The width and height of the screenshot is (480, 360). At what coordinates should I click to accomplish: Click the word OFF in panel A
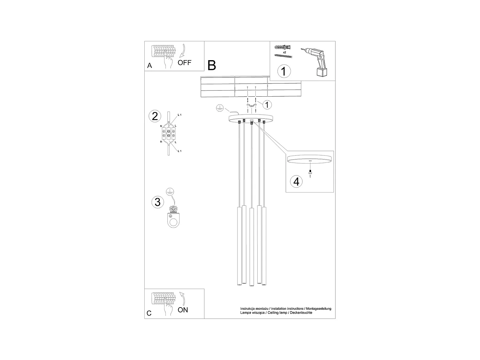click(x=184, y=62)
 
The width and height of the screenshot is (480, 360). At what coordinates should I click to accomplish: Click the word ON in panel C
click(x=183, y=310)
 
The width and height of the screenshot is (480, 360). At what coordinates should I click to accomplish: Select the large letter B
click(x=212, y=65)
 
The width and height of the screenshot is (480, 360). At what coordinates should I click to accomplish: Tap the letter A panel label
click(x=149, y=66)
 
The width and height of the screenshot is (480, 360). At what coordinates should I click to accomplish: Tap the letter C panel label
click(x=149, y=313)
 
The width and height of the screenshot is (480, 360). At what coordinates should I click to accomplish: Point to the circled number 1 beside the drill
click(x=284, y=71)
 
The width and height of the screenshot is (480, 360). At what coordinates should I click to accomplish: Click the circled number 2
click(x=155, y=116)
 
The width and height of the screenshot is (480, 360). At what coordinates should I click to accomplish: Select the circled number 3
click(x=157, y=202)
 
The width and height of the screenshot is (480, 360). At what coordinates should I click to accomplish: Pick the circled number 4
click(x=296, y=181)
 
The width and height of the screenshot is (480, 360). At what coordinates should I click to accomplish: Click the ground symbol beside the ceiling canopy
click(x=220, y=108)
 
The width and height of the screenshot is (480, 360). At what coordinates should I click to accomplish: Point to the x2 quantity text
click(x=284, y=52)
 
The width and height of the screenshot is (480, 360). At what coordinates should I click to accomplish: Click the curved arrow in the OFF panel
click(x=183, y=51)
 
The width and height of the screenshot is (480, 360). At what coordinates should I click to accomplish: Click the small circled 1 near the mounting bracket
click(x=268, y=104)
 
